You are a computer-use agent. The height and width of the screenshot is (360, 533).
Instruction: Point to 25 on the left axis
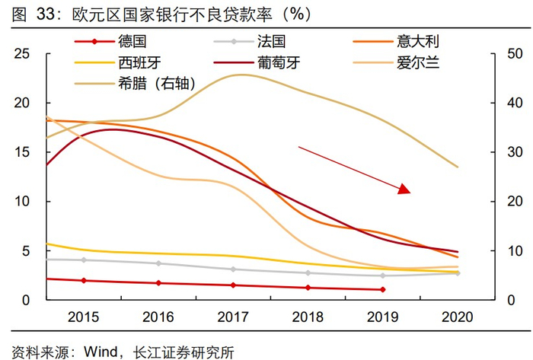click(23, 54)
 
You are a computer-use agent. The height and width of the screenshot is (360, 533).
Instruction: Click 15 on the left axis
click(23, 152)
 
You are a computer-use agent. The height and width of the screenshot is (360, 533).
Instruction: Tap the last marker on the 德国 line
click(383, 290)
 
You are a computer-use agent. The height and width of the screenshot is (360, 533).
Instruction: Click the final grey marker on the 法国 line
click(458, 272)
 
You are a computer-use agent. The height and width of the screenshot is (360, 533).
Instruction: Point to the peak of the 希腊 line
click(241, 75)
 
